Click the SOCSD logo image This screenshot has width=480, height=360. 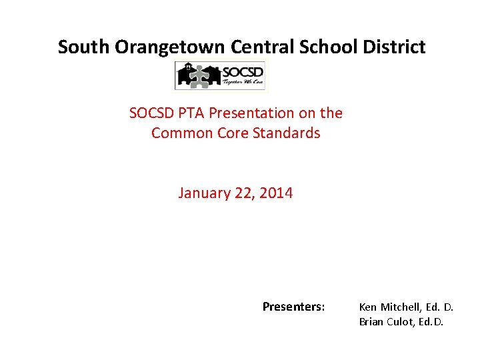coord(219,75)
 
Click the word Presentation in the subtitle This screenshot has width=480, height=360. coord(249,113)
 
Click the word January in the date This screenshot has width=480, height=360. coord(202,193)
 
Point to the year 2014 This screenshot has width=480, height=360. coord(276,193)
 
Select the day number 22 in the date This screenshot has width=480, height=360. coord(242,193)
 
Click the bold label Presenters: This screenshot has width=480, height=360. coord(293,307)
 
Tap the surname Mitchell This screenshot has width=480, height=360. coord(400,307)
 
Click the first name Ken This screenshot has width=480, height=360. coord(367,307)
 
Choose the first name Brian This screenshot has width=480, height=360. coord(371,322)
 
